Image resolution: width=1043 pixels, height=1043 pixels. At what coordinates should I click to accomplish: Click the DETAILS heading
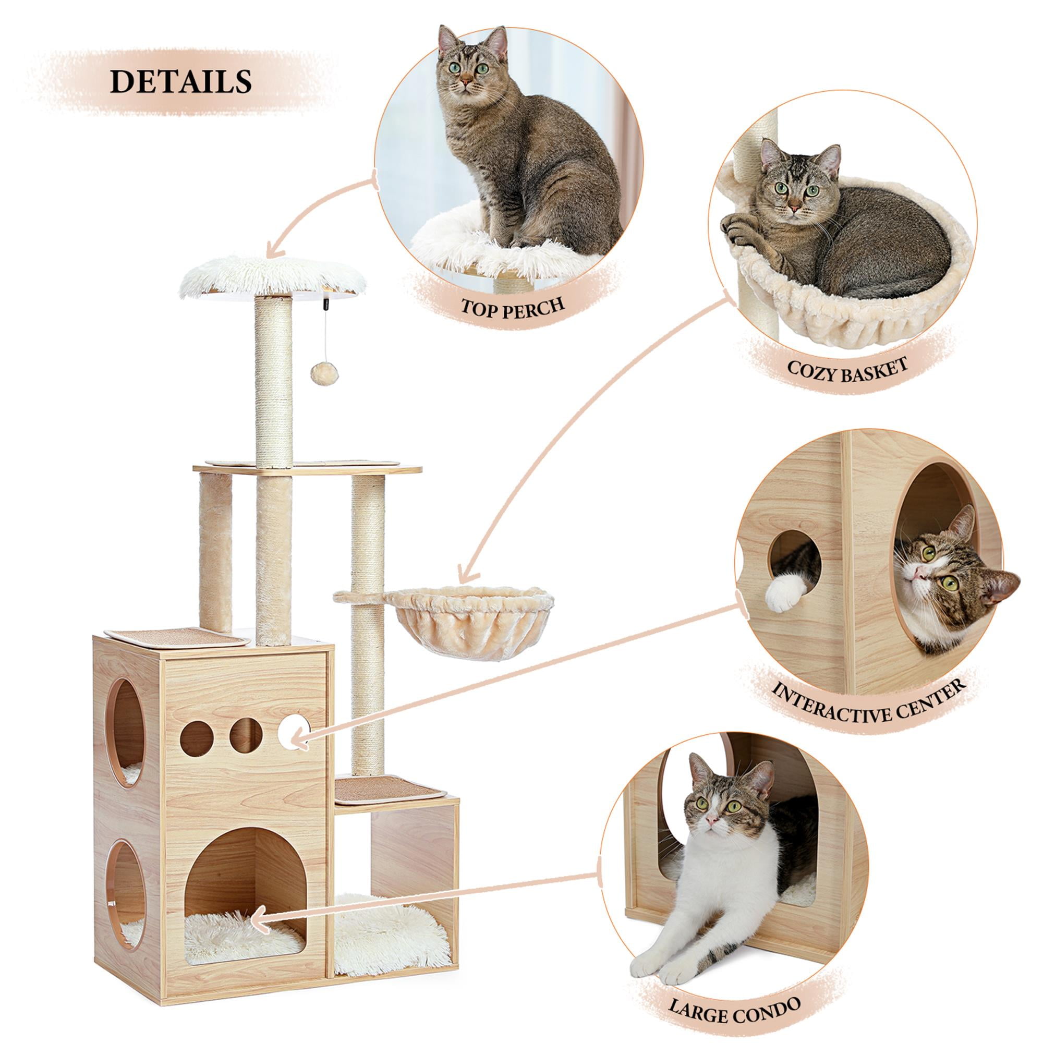pyautogui.click(x=181, y=81)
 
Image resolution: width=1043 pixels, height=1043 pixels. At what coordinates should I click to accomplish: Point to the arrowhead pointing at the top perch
pyautogui.click(x=270, y=251)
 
